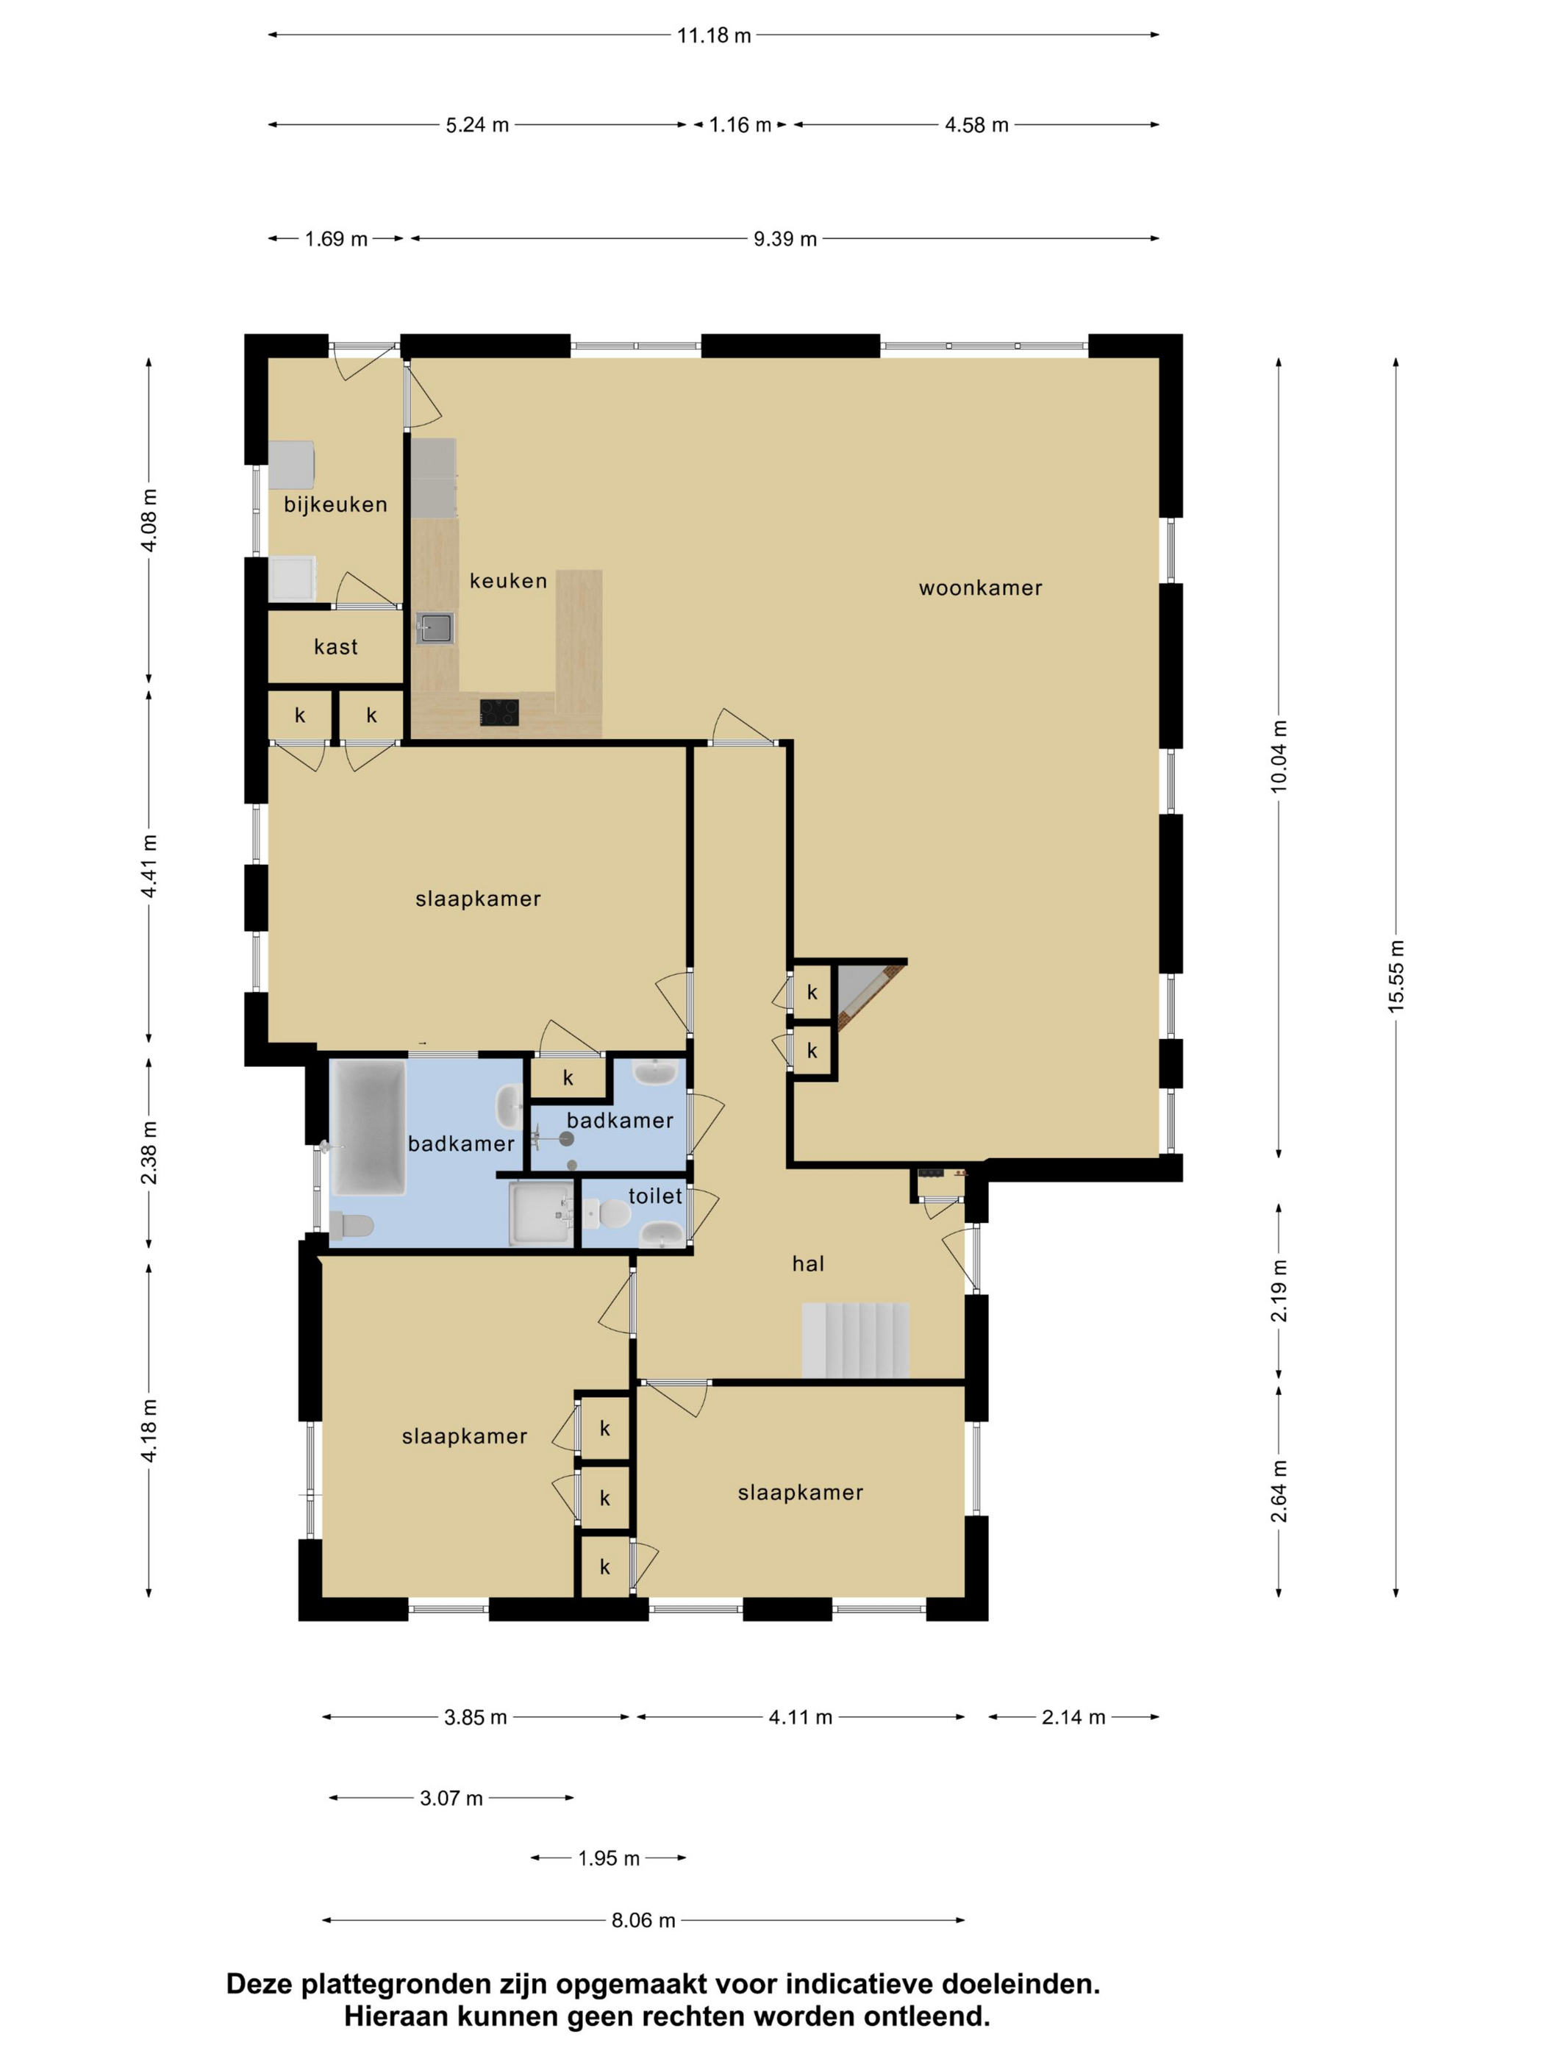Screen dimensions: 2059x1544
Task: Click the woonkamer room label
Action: [x=979, y=588]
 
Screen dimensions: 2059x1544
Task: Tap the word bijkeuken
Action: [x=335, y=504]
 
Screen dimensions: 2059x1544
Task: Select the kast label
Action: [x=335, y=647]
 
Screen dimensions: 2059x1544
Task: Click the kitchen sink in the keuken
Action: [x=434, y=628]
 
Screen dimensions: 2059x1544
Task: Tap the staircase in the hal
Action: [x=854, y=1341]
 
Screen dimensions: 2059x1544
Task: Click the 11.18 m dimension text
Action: [x=713, y=35]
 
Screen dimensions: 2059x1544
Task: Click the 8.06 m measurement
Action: [x=643, y=1920]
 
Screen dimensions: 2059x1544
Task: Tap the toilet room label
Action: [x=654, y=1196]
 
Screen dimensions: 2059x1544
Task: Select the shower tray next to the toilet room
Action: [x=540, y=1213]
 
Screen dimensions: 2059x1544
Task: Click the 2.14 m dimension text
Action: [x=1072, y=1717]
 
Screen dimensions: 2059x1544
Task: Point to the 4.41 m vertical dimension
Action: [x=149, y=866]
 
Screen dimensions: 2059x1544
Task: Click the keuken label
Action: [x=507, y=581]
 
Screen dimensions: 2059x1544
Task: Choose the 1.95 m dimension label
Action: [x=609, y=1859]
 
